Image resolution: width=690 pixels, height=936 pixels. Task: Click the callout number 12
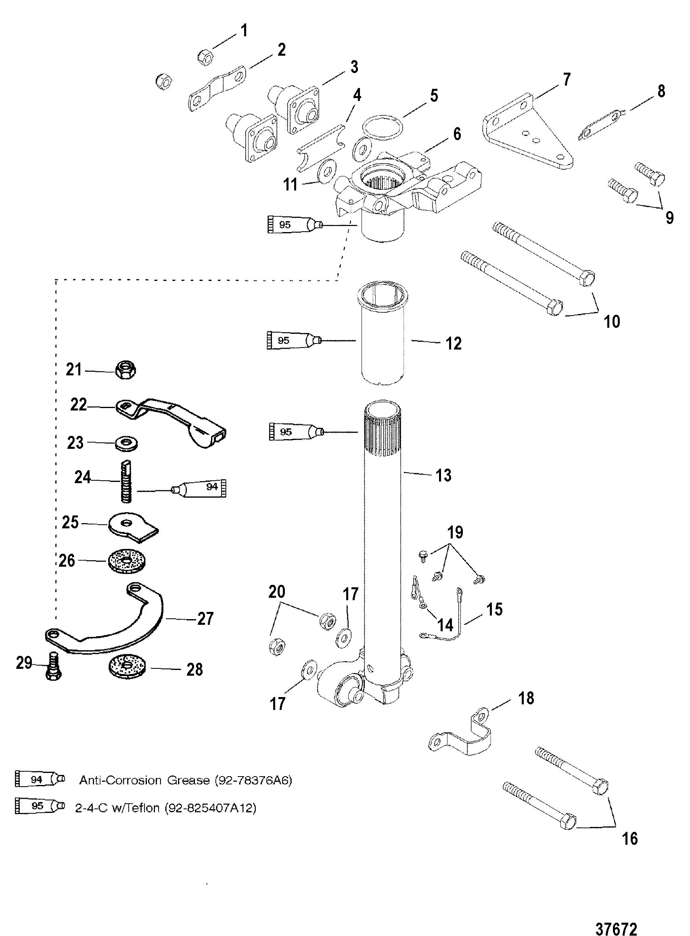click(x=453, y=344)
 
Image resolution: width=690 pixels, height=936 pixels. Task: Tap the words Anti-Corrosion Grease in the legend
click(x=144, y=780)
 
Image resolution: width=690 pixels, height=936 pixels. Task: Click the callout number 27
click(x=205, y=619)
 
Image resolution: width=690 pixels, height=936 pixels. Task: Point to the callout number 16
click(x=629, y=838)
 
